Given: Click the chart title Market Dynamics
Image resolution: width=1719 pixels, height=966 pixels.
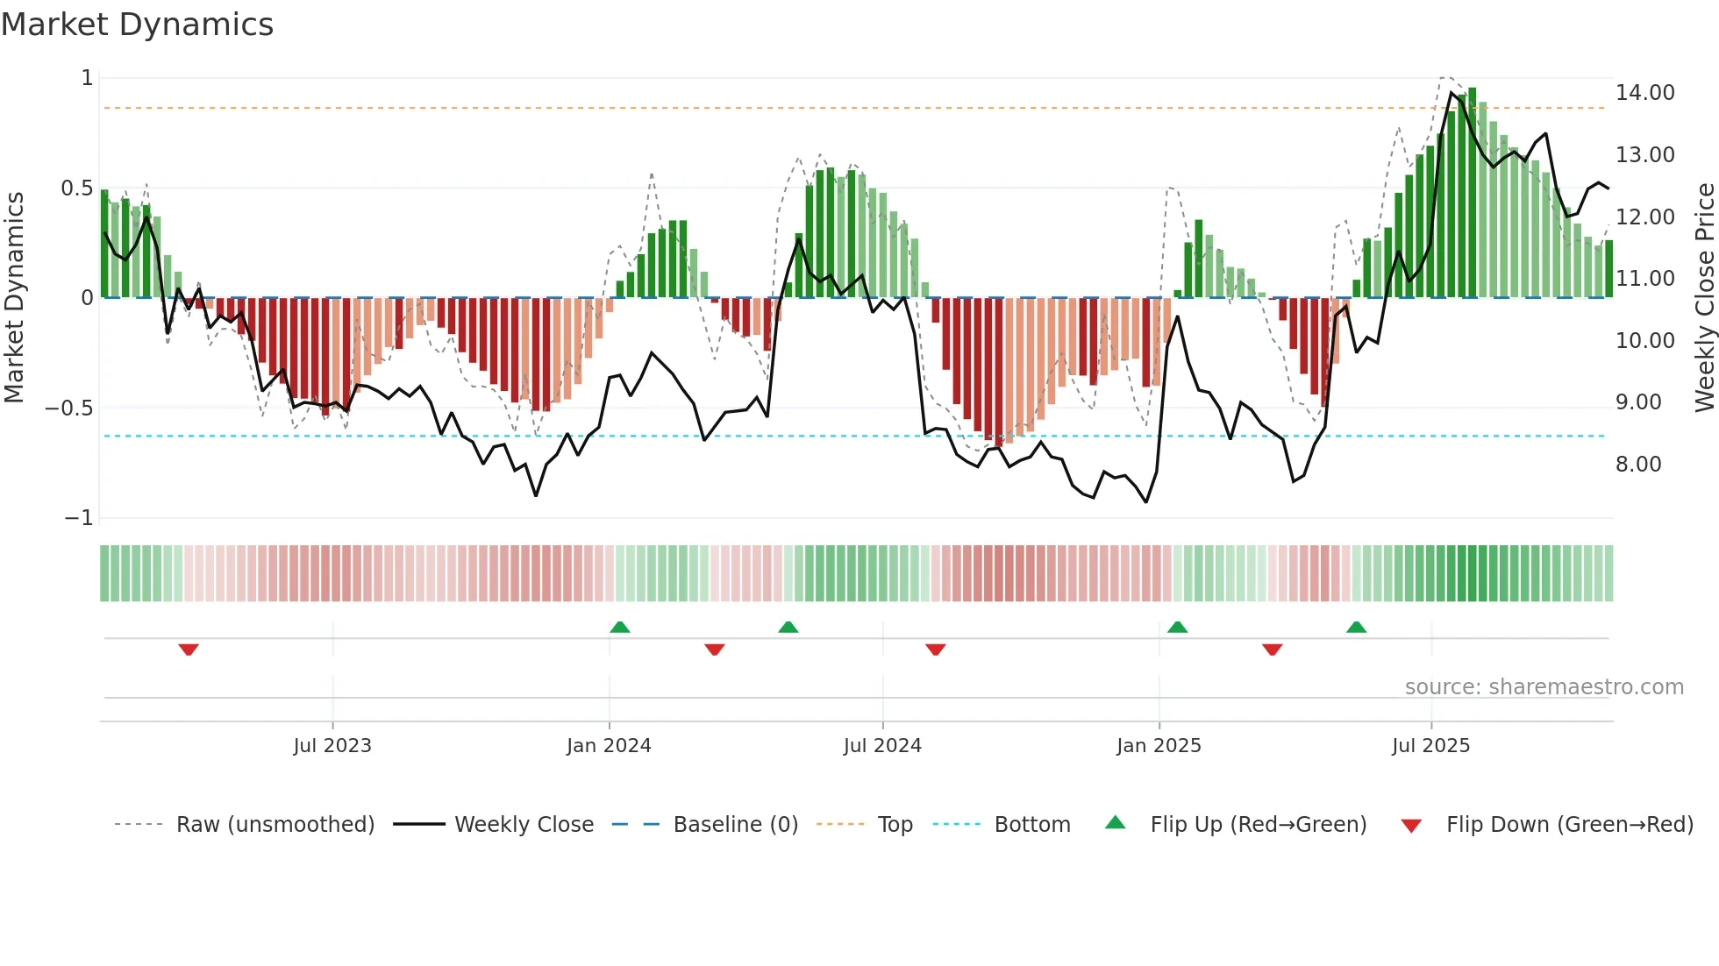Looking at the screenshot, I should click(x=137, y=25).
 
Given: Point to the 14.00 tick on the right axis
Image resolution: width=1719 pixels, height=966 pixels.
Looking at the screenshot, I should click(x=1644, y=93).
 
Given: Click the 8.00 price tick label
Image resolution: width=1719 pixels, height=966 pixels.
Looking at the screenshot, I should click(x=1638, y=465).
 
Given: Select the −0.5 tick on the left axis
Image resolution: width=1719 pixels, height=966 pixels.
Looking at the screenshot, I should click(x=69, y=408).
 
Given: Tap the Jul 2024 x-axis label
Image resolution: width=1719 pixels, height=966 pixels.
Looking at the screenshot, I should click(x=882, y=746).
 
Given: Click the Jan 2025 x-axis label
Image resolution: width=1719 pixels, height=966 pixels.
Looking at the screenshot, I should click(x=1159, y=746).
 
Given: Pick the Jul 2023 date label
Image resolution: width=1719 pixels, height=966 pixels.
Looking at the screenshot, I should click(x=332, y=746).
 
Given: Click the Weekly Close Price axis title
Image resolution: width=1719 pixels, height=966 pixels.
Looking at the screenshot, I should click(x=1704, y=298).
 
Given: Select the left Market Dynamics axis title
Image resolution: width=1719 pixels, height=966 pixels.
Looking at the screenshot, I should click(x=14, y=298).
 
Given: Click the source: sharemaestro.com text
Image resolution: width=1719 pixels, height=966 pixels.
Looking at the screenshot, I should click(x=1544, y=687).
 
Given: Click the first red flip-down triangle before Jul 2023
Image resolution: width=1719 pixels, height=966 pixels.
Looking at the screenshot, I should click(x=189, y=650).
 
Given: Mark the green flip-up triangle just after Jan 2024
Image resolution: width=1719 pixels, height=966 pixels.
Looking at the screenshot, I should click(x=620, y=627).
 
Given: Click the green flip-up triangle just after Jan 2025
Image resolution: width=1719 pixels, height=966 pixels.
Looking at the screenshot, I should click(x=1178, y=627).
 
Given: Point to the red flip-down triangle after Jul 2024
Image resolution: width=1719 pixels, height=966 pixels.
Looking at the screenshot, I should click(x=936, y=650).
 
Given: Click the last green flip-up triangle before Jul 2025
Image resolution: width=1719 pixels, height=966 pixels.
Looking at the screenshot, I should click(x=1357, y=627).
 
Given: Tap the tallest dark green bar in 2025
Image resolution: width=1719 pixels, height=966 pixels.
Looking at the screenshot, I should click(x=1473, y=193).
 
